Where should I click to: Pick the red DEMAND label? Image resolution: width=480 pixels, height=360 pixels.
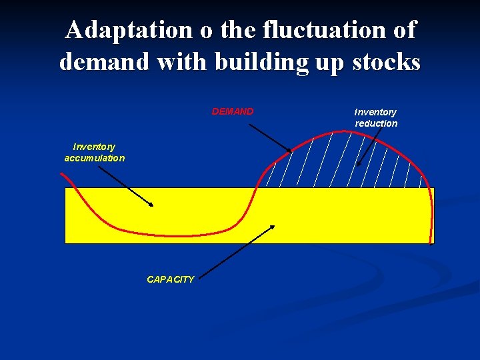click(x=232, y=111)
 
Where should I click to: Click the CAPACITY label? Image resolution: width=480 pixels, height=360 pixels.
click(x=171, y=279)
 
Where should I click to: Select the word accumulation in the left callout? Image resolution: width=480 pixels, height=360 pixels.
click(x=94, y=158)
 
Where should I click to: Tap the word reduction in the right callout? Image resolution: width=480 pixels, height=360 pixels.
click(x=376, y=123)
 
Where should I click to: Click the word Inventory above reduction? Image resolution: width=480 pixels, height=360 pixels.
click(x=375, y=112)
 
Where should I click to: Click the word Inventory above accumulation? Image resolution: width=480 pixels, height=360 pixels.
click(x=94, y=147)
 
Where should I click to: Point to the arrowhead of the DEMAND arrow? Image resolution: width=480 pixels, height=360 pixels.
click(x=289, y=150)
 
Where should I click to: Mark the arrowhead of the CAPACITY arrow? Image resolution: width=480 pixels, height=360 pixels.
click(x=273, y=227)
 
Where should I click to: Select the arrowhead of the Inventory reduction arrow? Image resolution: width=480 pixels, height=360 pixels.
click(x=358, y=164)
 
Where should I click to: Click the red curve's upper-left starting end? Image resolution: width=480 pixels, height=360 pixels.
click(x=61, y=175)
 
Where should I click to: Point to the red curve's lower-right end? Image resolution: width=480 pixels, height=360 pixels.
click(x=433, y=242)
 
